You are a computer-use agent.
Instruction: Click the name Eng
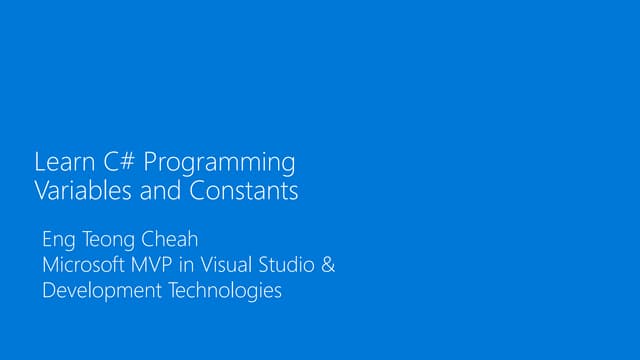tap(58, 241)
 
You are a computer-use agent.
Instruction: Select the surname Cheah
tap(168, 240)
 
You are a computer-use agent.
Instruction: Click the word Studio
tap(289, 266)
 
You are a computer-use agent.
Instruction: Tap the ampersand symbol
tap(328, 266)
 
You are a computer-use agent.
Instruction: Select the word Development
tap(100, 292)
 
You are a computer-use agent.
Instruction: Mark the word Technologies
tap(223, 292)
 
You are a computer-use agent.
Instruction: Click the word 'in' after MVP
tap(190, 266)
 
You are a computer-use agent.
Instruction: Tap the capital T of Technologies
tap(170, 291)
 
